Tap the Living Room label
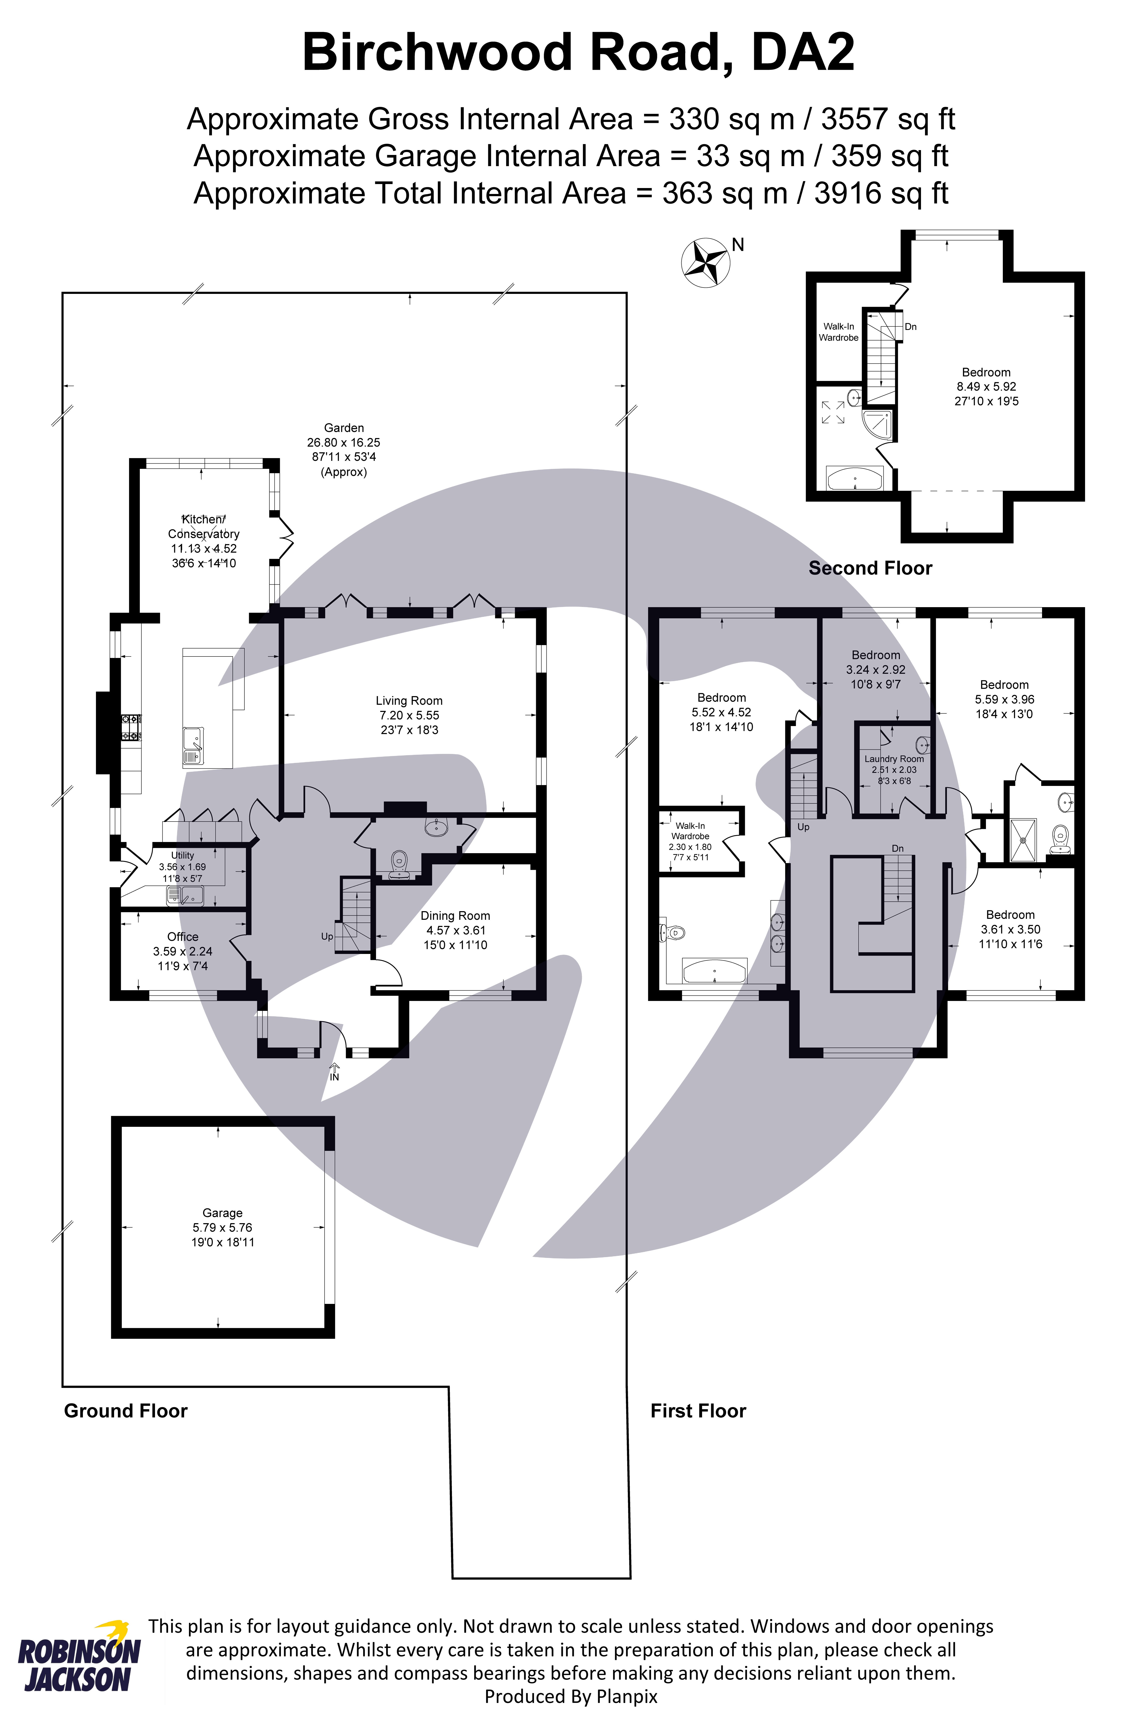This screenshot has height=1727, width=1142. [409, 700]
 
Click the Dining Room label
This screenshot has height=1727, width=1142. [455, 915]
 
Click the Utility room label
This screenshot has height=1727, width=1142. [182, 855]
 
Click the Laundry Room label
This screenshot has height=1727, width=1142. [894, 759]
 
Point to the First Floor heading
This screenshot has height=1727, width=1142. [698, 1411]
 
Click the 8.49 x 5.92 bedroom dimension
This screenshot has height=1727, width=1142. [986, 387]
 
